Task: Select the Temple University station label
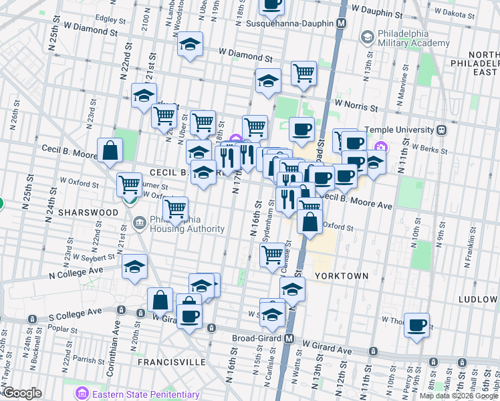pos(399,129)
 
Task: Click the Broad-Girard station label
pos(257,339)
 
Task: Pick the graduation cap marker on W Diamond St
pos(191,45)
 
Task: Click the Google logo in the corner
pos(23,393)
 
